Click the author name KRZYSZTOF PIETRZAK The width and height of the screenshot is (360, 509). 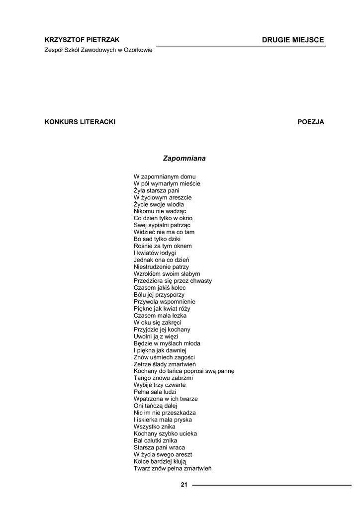pos(82,40)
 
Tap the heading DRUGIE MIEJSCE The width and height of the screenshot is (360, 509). pos(293,40)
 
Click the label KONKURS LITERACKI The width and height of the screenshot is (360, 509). pos(80,122)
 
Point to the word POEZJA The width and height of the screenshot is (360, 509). pos(311,122)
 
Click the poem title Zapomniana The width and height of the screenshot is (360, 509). pos(184,159)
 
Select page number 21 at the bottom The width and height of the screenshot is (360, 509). pos(184,485)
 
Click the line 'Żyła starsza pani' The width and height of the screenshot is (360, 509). pos(157,190)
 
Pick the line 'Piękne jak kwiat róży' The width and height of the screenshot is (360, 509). pos(162,309)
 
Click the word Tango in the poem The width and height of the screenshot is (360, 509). pos(142,378)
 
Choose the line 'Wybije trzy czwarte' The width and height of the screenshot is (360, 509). pos(160,385)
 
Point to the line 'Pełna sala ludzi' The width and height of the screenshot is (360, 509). pos(155,392)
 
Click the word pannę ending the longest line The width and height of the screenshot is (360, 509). pos(224,371)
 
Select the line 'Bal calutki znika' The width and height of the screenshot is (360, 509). pos(156,440)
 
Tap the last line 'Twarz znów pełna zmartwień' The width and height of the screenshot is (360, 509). pos(173,468)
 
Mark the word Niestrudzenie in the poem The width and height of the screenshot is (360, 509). pos(151,267)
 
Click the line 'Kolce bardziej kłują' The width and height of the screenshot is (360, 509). pos(160,461)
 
